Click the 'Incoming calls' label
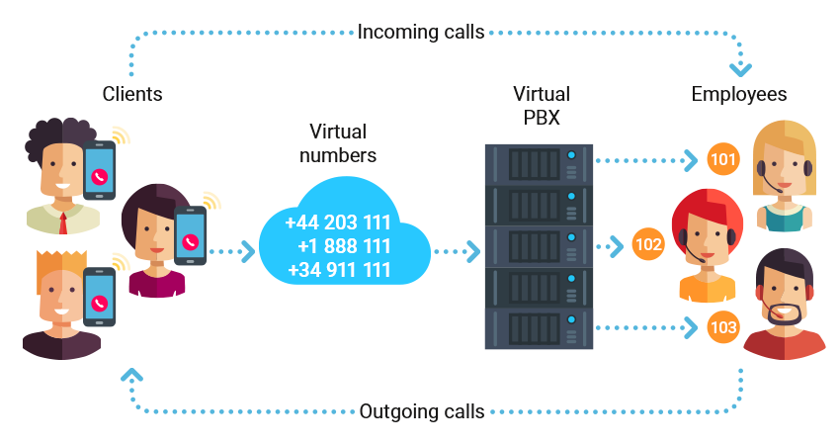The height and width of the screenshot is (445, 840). [x=420, y=32]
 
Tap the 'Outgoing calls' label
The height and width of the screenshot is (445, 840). [x=421, y=411]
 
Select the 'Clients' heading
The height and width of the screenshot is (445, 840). [x=132, y=94]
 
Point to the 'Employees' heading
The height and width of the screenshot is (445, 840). [x=738, y=94]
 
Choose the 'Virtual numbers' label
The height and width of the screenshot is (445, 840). [x=337, y=143]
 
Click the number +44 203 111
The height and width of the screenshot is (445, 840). [x=339, y=222]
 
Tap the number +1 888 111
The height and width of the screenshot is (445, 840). [x=344, y=246]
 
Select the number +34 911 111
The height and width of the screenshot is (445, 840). [x=339, y=269]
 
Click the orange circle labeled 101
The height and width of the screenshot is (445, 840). [x=722, y=159]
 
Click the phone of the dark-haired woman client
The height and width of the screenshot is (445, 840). [x=190, y=236]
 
